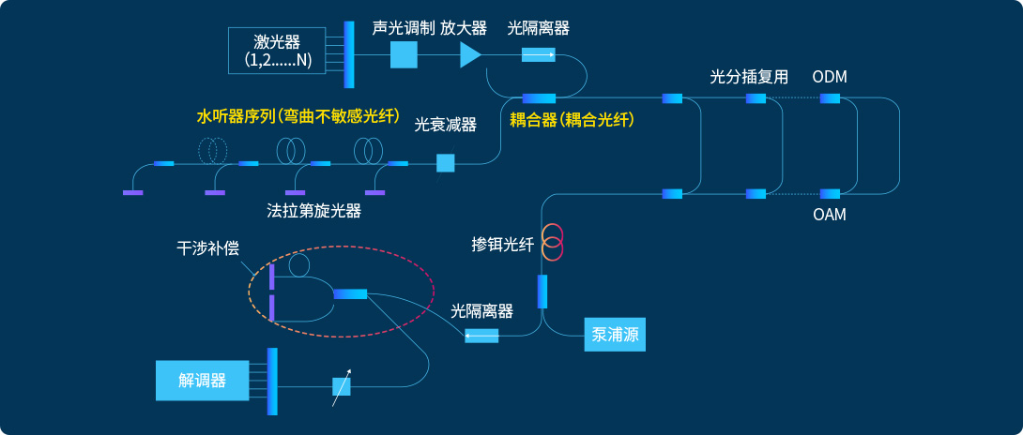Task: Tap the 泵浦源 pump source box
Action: coord(616,334)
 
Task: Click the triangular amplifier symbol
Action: coord(469,55)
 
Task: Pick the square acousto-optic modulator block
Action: coord(404,55)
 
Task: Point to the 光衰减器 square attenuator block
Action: coord(446,163)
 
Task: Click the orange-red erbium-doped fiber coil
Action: coord(552,243)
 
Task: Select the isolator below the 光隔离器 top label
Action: coord(538,55)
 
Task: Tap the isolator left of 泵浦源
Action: coord(481,335)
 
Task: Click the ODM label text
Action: coord(830,76)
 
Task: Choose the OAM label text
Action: coord(830,216)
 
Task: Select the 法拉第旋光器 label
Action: coord(313,211)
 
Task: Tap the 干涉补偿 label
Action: coord(208,248)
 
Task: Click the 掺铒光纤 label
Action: coord(502,246)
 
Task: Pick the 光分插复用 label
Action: coord(749,76)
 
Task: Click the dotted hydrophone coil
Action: coord(213,149)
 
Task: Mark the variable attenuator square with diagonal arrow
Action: coord(341,385)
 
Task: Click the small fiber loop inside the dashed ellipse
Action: coord(299,265)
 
